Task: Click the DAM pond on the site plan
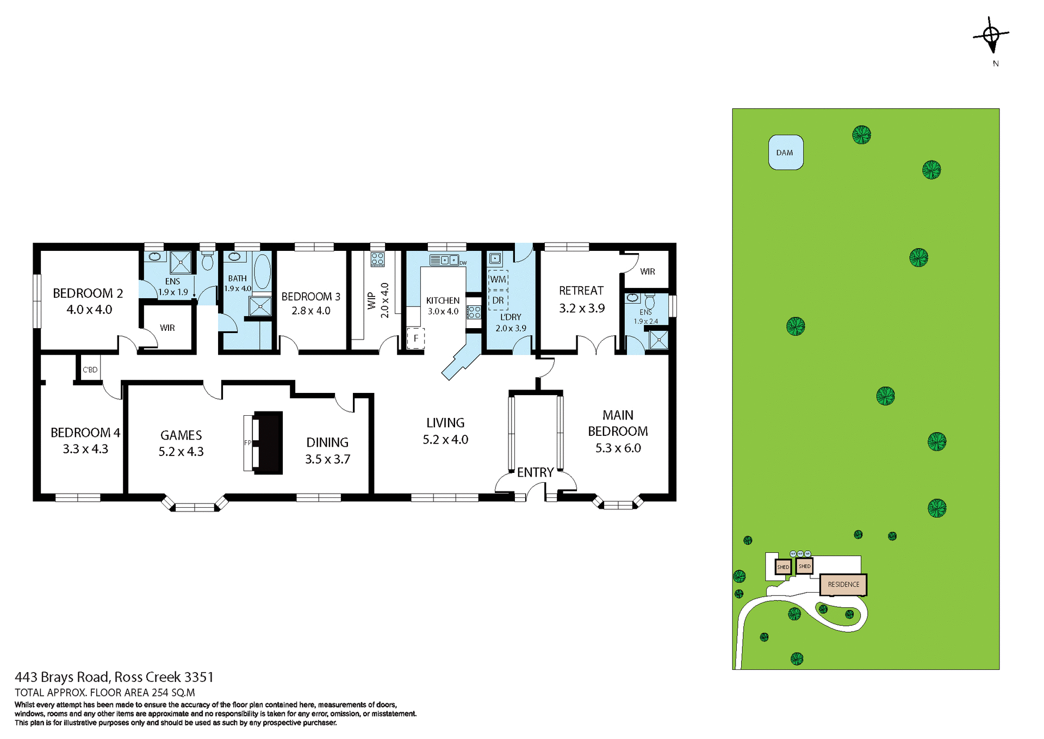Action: [x=785, y=152]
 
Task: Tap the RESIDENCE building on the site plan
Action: [x=843, y=584]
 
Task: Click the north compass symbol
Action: [x=992, y=36]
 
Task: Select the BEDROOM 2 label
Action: [x=88, y=293]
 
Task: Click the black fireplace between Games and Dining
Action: [x=268, y=442]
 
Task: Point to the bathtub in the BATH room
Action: [x=262, y=271]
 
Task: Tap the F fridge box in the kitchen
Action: [x=416, y=338]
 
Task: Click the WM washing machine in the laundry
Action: [x=498, y=279]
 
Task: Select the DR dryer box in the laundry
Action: [x=498, y=300]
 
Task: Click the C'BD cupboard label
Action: [x=90, y=369]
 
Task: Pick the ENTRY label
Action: [x=535, y=472]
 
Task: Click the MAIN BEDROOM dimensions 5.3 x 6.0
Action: [x=618, y=448]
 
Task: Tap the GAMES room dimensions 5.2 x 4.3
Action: [x=181, y=452]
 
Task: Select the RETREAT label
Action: [x=581, y=291]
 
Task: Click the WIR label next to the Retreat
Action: [x=647, y=272]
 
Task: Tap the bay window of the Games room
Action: [x=195, y=507]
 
